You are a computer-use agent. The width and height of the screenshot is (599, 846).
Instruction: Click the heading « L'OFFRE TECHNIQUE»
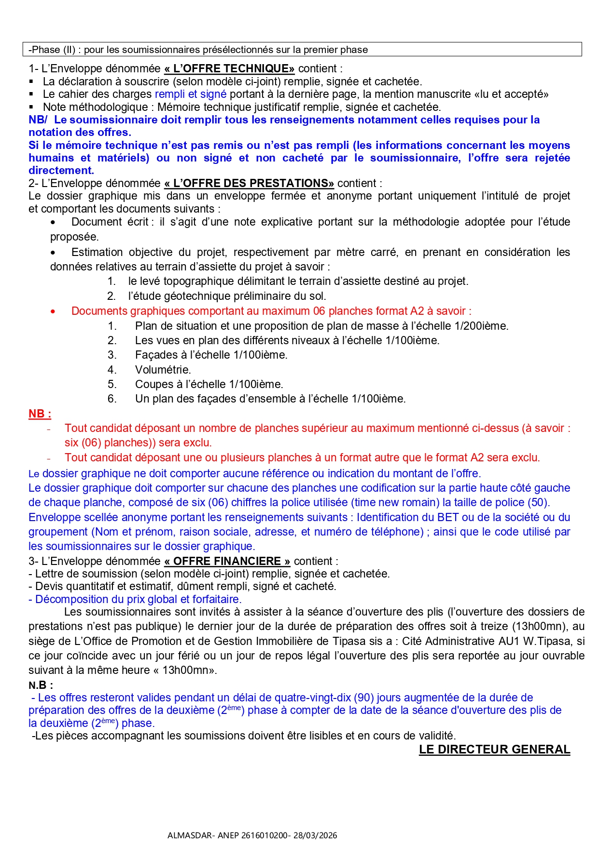click(229, 68)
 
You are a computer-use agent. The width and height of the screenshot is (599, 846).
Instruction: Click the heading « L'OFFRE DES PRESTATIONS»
click(249, 183)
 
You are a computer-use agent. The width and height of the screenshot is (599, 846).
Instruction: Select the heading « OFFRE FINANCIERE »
click(227, 561)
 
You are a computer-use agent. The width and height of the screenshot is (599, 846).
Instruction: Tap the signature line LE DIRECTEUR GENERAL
click(494, 750)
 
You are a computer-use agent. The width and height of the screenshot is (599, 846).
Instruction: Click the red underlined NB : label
click(40, 414)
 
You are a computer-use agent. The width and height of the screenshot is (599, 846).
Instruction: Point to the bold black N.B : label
click(41, 685)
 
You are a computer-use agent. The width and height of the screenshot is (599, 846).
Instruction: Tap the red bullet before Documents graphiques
click(53, 311)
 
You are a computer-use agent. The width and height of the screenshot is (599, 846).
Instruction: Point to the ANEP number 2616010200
click(264, 835)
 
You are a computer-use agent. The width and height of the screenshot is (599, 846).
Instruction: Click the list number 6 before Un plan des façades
click(112, 399)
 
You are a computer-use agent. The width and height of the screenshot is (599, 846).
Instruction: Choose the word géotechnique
click(203, 296)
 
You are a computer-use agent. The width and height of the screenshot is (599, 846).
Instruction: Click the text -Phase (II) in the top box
click(52, 50)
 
